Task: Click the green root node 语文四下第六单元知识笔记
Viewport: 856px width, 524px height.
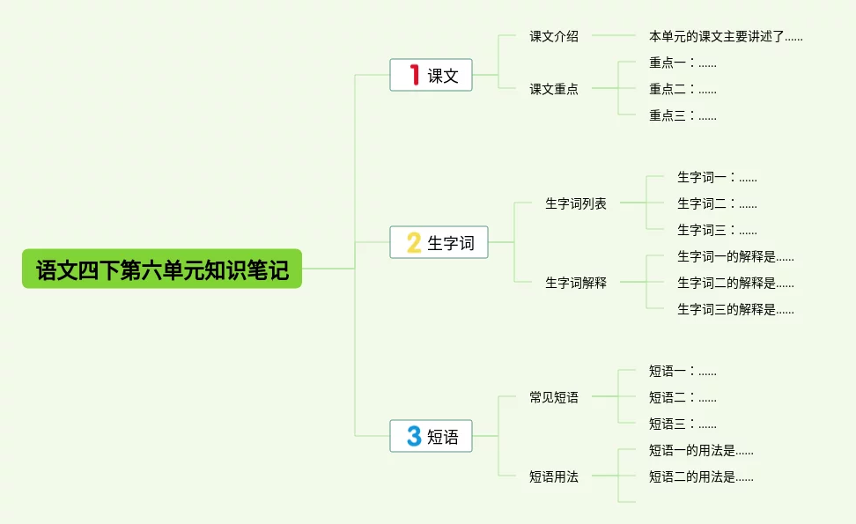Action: pos(162,269)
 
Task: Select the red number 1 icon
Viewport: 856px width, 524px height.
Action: pos(414,75)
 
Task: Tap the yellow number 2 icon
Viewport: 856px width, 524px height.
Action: pos(414,242)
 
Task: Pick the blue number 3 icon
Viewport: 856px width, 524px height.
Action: pos(414,436)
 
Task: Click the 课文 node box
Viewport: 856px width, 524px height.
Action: pos(432,75)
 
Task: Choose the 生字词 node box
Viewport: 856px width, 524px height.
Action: pos(439,242)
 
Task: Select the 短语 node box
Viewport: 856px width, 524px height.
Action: pos(432,436)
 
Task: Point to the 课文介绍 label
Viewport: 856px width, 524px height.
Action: pos(554,37)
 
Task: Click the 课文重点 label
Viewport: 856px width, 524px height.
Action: pos(554,89)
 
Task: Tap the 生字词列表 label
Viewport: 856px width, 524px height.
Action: pos(576,203)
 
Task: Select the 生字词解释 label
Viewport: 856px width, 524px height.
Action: pos(576,283)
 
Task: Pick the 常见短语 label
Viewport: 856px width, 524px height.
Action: pos(554,397)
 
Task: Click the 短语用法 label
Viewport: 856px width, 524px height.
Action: pos(554,476)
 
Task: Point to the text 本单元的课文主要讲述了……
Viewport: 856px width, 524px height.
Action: pos(726,37)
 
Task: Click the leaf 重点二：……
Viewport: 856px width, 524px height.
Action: pos(683,89)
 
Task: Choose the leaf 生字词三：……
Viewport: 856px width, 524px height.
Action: pos(717,230)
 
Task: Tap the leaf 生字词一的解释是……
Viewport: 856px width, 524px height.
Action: pos(735,256)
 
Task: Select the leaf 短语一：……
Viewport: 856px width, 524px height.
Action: pos(683,371)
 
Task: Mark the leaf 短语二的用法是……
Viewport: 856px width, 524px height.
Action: pos(701,476)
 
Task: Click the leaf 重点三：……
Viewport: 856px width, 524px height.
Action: pos(683,115)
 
